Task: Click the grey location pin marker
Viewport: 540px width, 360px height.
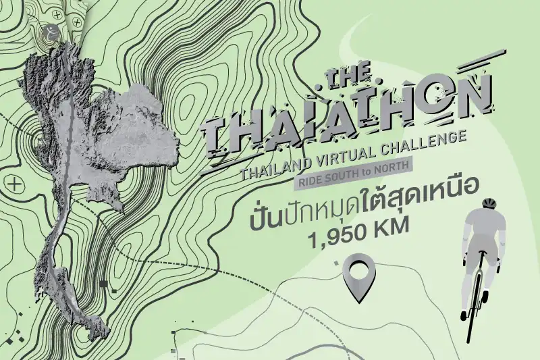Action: pyautogui.click(x=358, y=274)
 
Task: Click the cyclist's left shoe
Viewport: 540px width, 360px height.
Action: pyautogui.click(x=464, y=314)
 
